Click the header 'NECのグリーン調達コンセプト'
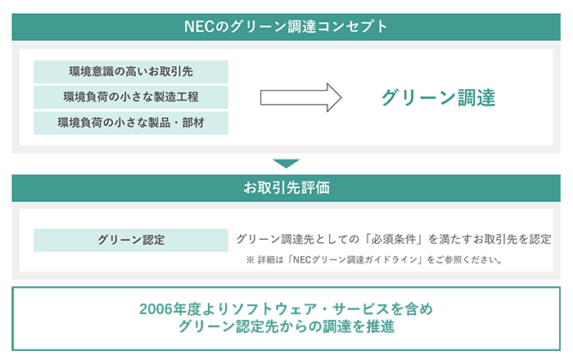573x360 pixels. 286,27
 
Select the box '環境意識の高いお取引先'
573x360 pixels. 131,71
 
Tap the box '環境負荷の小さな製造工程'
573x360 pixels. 131,97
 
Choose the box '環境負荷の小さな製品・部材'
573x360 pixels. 131,123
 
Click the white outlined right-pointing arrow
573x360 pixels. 300,97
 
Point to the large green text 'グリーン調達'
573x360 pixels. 438,97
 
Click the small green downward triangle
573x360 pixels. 286,163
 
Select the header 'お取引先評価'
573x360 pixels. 286,188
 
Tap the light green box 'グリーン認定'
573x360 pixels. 131,240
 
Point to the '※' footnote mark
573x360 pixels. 250,259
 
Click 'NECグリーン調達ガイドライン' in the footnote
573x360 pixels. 354,259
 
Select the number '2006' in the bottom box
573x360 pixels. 156,309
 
